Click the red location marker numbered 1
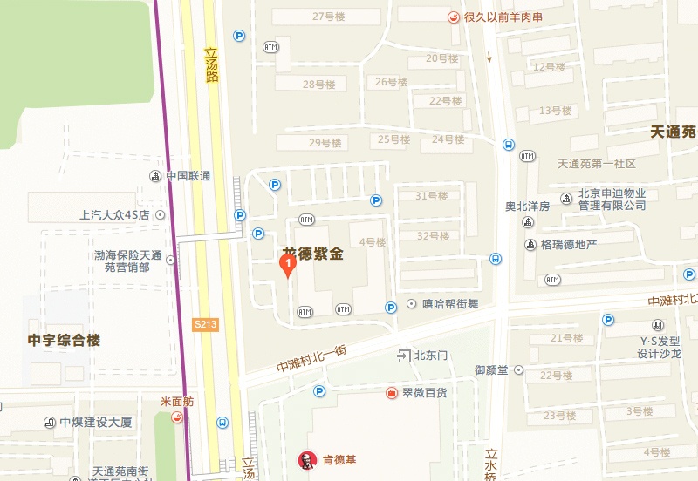(x=286, y=264)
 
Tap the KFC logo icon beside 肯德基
(x=305, y=459)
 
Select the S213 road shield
(x=205, y=324)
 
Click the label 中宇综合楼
(x=64, y=340)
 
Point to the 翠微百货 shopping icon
(x=393, y=393)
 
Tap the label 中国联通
(x=188, y=176)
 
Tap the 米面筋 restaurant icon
(x=177, y=417)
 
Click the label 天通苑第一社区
(x=597, y=164)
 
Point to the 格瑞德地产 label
(x=568, y=245)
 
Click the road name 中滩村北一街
(x=311, y=357)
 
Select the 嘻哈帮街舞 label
(x=452, y=304)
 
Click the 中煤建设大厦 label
(x=96, y=423)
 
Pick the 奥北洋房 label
(x=527, y=207)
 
